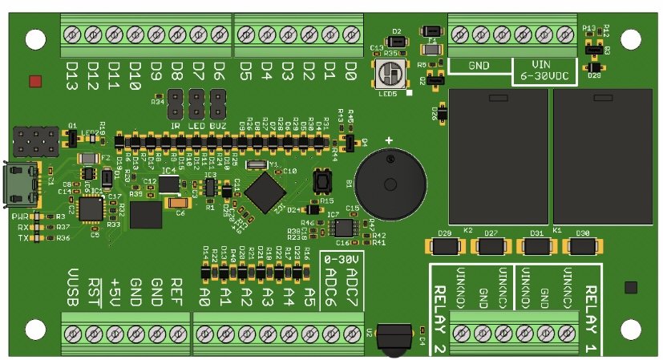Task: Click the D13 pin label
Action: click(x=71, y=78)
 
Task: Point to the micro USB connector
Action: click(x=22, y=184)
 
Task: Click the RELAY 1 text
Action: click(x=592, y=309)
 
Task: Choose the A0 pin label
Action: click(x=204, y=297)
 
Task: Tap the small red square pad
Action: click(x=34, y=81)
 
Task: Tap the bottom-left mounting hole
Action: click(x=34, y=329)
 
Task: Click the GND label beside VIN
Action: click(x=479, y=65)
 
